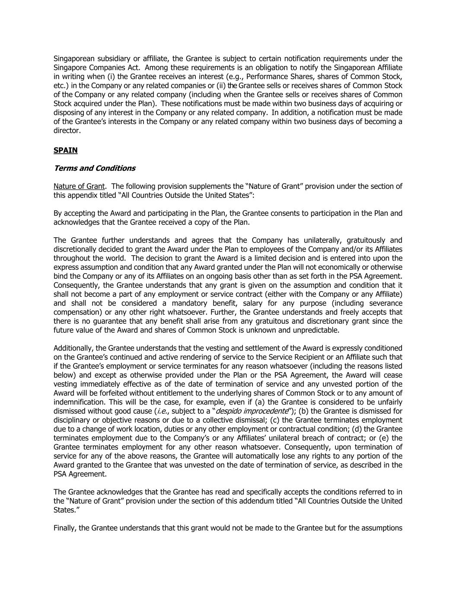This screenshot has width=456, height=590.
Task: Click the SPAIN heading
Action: point(65,150)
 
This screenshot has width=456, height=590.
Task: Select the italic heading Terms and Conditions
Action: point(94,168)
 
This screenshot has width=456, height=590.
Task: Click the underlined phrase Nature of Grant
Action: point(79,186)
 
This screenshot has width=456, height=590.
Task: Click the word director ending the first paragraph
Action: point(67,131)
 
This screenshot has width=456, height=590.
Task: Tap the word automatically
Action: point(252,456)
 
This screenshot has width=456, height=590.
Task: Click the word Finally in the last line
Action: point(65,528)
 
